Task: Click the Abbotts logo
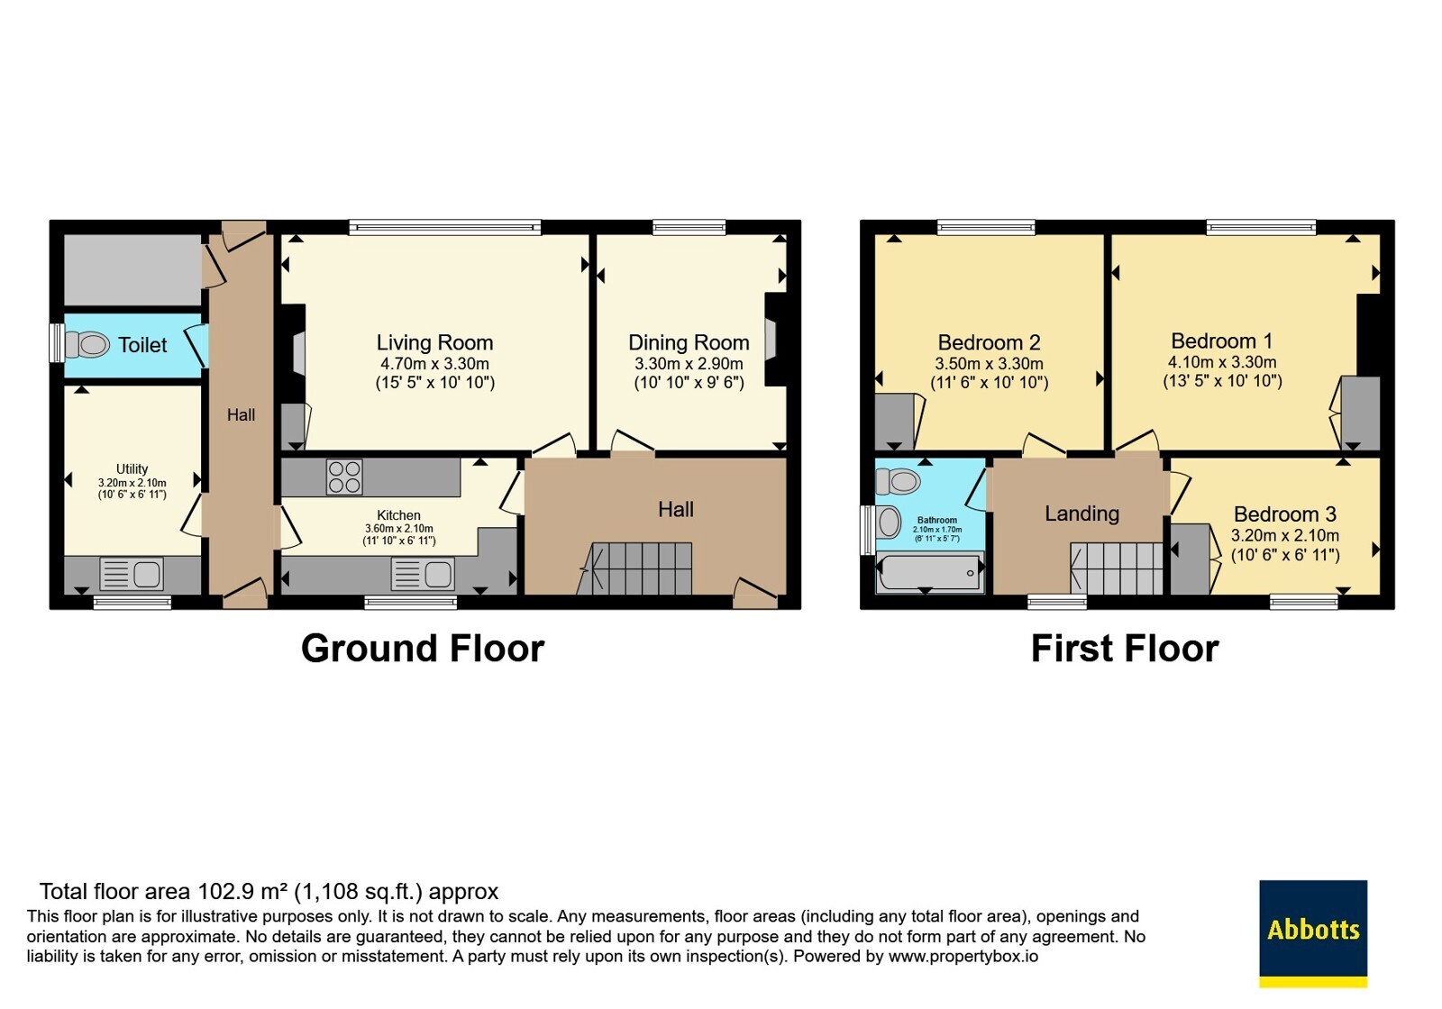[x=1313, y=933]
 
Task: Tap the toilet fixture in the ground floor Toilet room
[x=87, y=345]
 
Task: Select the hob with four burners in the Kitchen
[x=343, y=477]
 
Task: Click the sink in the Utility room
[x=132, y=574]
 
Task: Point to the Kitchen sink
[x=423, y=574]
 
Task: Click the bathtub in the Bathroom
[x=929, y=572]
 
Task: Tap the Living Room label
[x=434, y=342]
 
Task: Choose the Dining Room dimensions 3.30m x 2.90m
[x=689, y=364]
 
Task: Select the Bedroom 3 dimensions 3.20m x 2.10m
[x=1285, y=535]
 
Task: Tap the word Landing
[x=1081, y=514]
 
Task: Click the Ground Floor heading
[x=423, y=648]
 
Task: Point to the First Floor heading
[x=1125, y=648]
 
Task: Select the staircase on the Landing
[x=1117, y=568]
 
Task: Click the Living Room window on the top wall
[x=445, y=226]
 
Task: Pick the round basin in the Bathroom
[x=889, y=522]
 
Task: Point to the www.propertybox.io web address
[x=963, y=956]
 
